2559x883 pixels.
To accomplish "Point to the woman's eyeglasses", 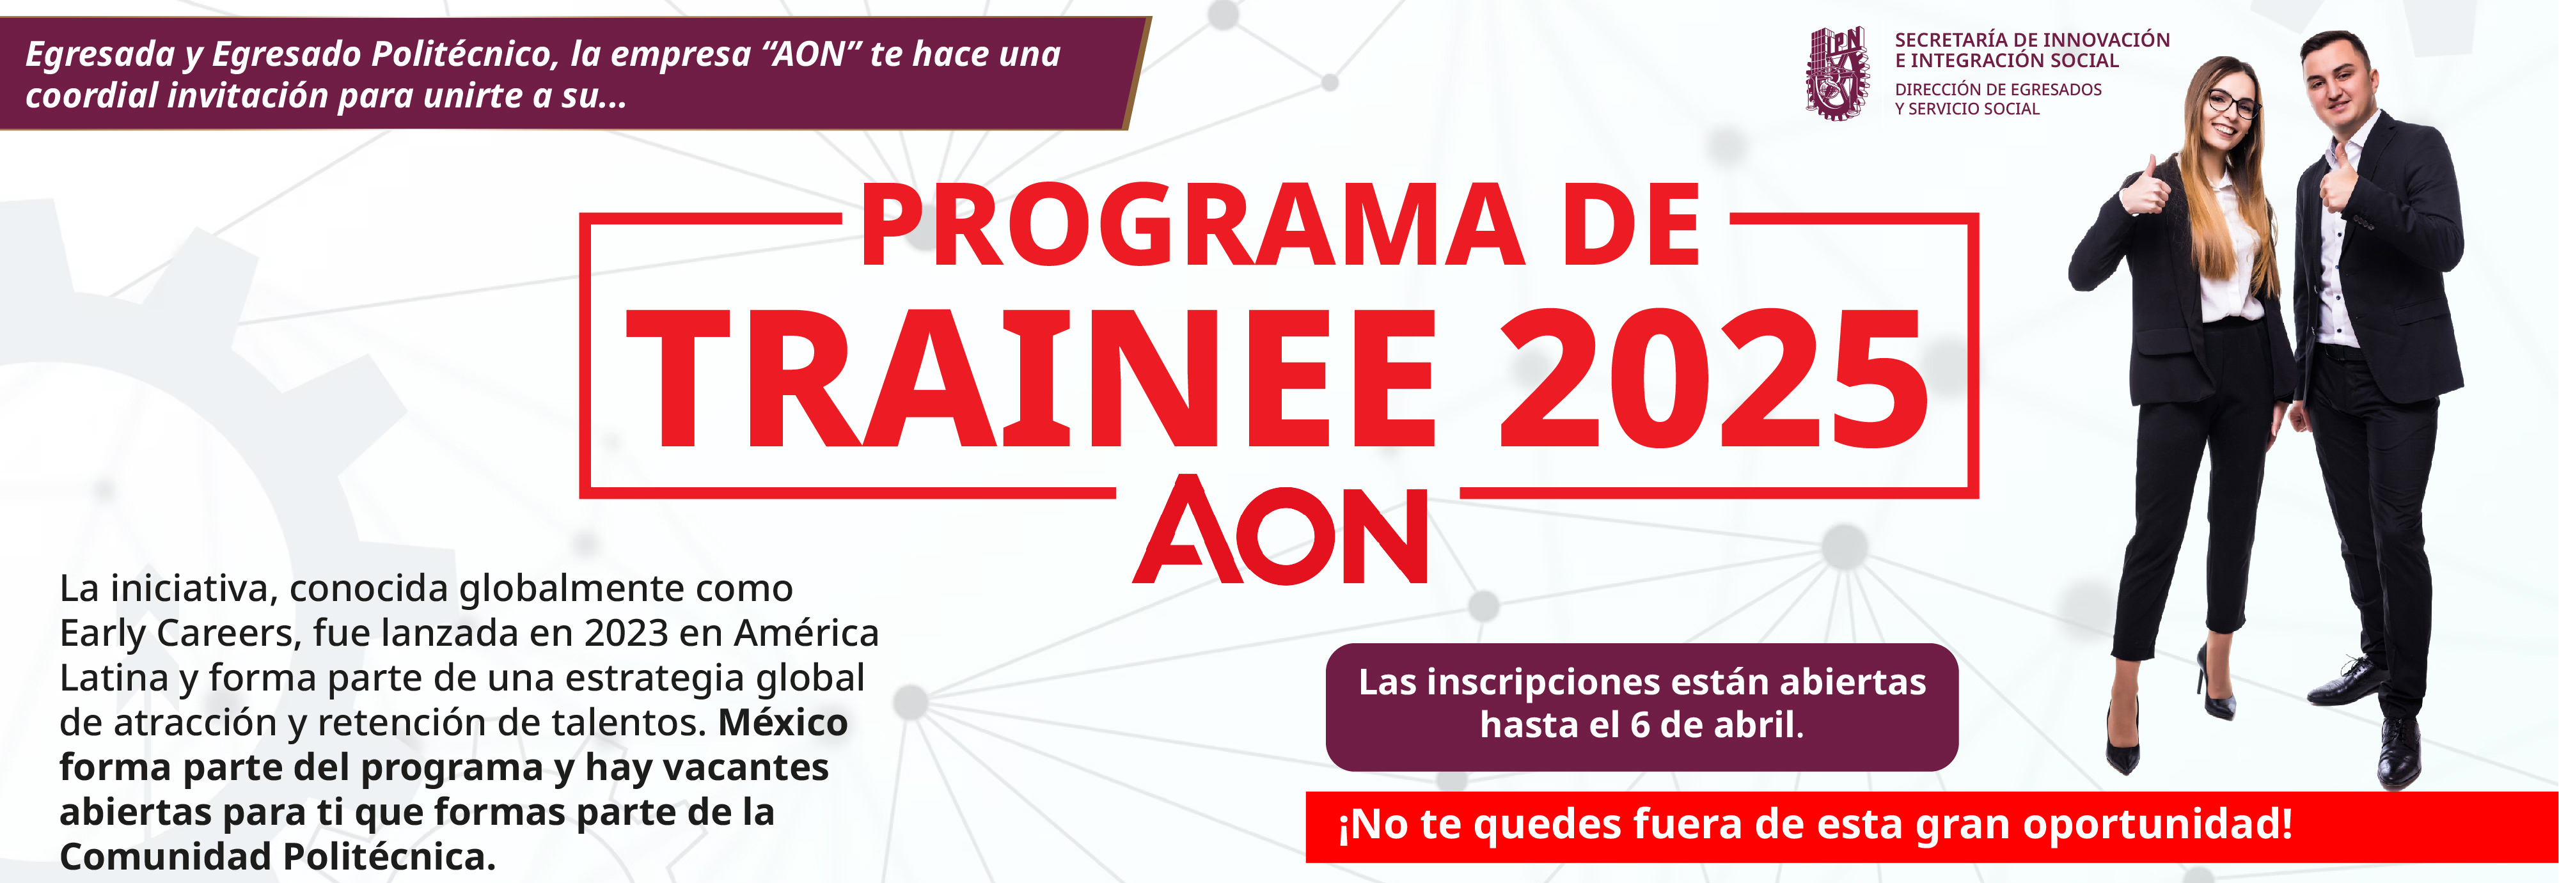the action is pyautogui.click(x=2231, y=102).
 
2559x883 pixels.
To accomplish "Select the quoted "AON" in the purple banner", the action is pyautogui.click(x=810, y=54).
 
